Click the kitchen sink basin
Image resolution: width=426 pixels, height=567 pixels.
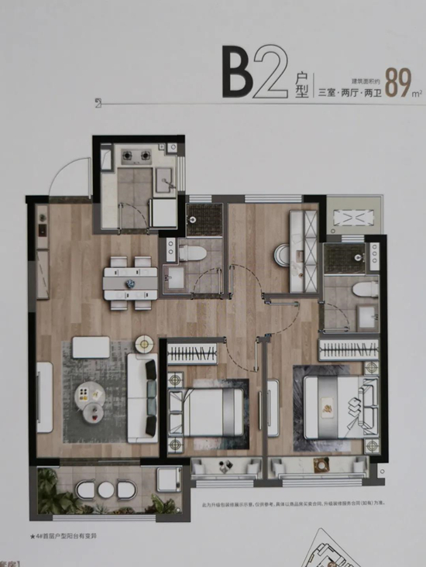[x=164, y=180]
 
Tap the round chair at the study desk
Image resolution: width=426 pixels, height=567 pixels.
[x=280, y=253]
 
